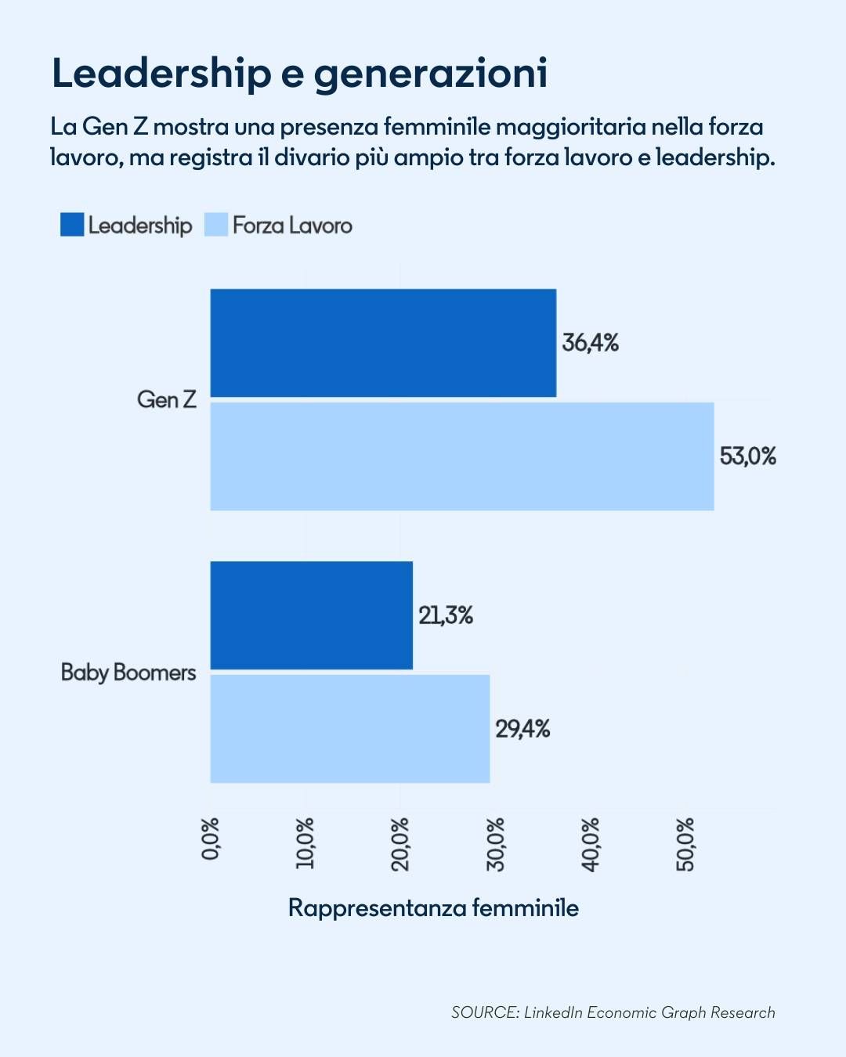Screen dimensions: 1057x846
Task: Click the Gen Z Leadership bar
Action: [x=383, y=343]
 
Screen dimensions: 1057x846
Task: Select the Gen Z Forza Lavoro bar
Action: [x=462, y=456]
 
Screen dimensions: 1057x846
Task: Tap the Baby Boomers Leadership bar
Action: [x=311, y=615]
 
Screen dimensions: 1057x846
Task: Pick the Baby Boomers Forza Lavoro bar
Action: [x=349, y=729]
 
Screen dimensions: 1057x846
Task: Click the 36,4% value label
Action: [x=590, y=343]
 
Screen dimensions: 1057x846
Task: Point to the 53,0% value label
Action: [x=747, y=456]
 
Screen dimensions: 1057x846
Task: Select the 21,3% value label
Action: [x=445, y=615]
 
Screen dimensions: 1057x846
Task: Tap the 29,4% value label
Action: [x=522, y=729]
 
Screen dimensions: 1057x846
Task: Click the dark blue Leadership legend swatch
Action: [x=72, y=225]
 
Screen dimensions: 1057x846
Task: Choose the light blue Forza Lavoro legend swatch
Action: [x=215, y=225]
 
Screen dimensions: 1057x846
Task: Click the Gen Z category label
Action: [x=166, y=400]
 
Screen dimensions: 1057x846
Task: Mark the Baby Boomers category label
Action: [x=128, y=673]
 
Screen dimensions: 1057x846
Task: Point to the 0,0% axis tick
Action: [x=211, y=839]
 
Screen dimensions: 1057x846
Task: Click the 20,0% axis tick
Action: [x=400, y=844]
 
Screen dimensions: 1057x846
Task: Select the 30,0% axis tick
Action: [x=495, y=844]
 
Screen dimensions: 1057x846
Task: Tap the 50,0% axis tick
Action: [x=685, y=844]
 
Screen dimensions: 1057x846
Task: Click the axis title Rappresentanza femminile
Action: [x=433, y=908]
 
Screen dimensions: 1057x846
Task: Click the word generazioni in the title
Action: [x=430, y=74]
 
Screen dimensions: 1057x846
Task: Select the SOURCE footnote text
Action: [x=613, y=1012]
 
